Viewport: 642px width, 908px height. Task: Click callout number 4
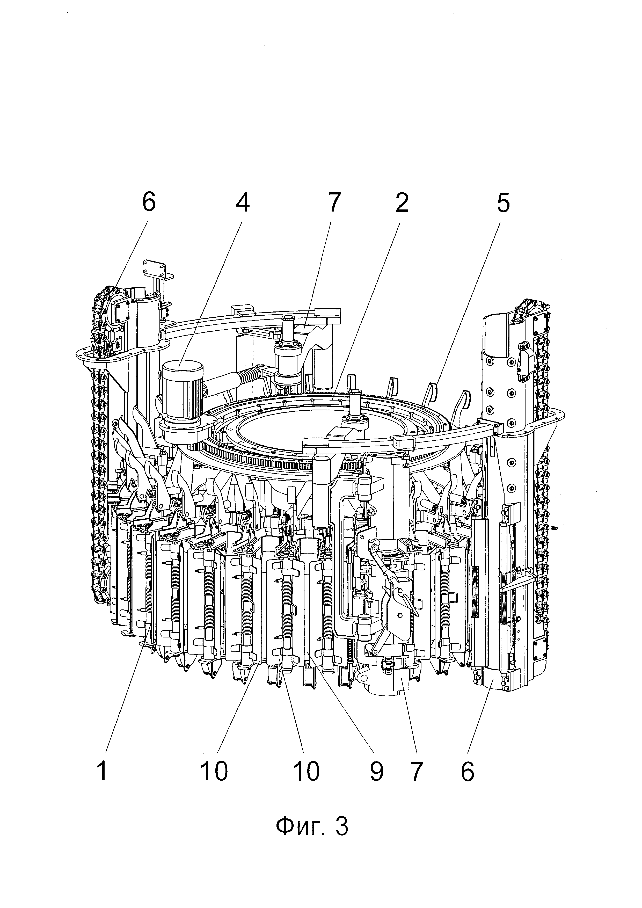coord(243,203)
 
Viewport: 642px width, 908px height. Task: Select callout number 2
coord(402,203)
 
